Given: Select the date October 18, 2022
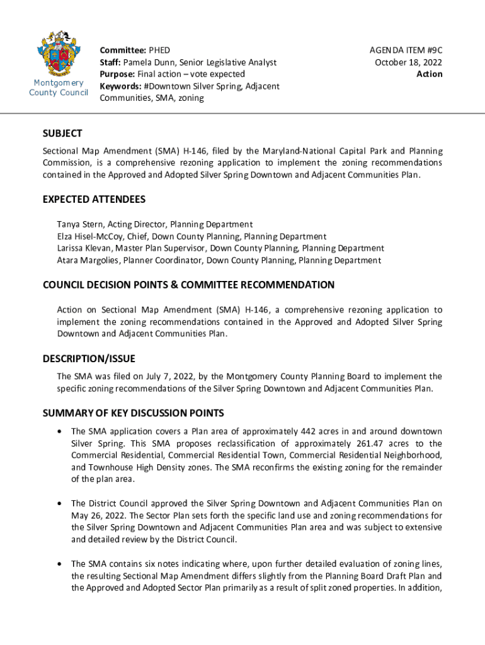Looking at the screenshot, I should point(408,62).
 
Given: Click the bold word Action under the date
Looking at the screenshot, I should point(430,74).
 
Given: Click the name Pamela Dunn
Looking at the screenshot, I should point(149,62).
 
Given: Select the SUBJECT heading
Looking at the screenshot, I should point(62,134).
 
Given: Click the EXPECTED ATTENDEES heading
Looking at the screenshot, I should point(94,200).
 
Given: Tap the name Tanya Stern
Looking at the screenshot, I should point(79,224).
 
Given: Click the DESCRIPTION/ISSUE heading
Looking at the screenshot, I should point(89,359).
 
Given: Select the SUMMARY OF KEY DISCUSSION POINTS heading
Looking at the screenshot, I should point(133,413).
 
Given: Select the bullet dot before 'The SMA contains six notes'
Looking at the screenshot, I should point(59,564).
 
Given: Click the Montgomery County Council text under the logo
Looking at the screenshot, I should point(59,88).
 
